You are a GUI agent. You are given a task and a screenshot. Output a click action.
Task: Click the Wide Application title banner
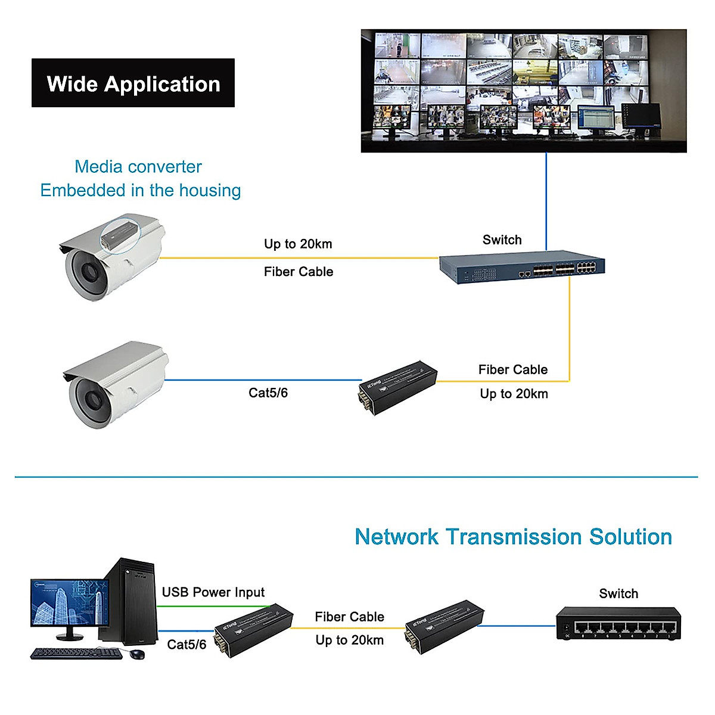pos(133,83)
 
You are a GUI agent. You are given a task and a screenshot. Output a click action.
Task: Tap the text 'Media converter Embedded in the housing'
pos(140,178)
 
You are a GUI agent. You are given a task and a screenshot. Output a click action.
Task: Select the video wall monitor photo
pos(524,91)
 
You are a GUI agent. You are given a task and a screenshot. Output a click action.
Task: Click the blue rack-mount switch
pos(522,266)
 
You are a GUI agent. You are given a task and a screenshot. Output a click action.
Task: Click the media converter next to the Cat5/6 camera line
pos(397,387)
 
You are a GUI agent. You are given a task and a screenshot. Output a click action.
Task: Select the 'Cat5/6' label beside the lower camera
pos(268,393)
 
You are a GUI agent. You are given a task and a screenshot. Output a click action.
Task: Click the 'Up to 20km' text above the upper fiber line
pos(298,244)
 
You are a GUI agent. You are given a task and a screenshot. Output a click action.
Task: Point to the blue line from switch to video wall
pos(546,200)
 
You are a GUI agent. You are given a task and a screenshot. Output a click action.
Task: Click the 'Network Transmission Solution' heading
pos(513,537)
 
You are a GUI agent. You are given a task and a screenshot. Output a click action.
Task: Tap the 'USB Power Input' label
pos(213,592)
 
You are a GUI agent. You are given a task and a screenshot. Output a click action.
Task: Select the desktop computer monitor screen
pos(70,602)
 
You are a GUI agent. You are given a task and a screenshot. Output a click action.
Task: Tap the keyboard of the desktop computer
pos(76,654)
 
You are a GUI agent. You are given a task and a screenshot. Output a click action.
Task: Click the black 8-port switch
pos(618,623)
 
